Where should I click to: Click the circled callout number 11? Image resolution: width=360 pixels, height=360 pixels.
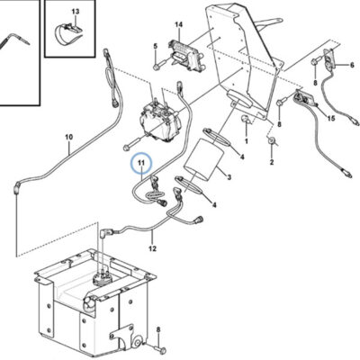click(141, 163)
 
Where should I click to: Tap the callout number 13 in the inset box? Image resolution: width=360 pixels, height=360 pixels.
click(76, 12)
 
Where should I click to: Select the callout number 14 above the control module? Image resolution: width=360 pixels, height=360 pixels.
click(178, 24)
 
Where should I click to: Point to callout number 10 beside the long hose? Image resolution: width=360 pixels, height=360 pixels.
click(69, 137)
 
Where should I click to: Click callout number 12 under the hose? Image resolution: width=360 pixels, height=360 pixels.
click(152, 248)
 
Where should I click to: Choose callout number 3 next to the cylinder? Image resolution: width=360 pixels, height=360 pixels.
click(229, 177)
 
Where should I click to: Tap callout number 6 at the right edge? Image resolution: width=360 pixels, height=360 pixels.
click(352, 65)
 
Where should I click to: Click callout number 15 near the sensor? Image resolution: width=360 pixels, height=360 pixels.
click(331, 119)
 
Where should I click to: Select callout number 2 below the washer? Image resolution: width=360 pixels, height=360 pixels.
click(272, 162)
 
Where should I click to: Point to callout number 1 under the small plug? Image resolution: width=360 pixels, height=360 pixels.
click(247, 140)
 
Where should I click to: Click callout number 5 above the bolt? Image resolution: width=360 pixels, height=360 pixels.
click(156, 46)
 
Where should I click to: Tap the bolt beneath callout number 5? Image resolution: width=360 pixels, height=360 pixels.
click(158, 65)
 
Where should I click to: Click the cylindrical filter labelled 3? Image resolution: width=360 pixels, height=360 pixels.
click(204, 160)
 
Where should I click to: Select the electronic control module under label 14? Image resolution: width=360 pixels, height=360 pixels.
click(186, 55)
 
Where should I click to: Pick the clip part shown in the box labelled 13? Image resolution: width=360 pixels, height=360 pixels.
click(69, 33)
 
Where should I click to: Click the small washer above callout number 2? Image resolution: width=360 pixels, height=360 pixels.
click(271, 139)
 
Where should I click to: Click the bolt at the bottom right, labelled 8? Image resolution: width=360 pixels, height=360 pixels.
click(161, 350)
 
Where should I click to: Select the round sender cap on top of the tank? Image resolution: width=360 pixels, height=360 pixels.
click(101, 279)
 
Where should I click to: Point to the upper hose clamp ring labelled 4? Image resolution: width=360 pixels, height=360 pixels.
click(217, 137)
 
